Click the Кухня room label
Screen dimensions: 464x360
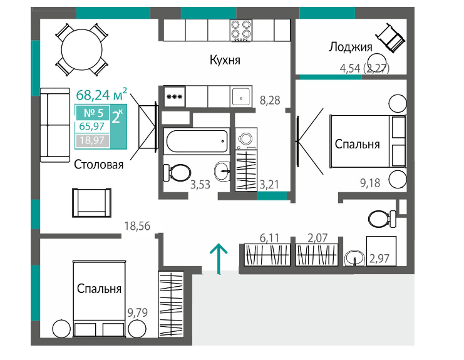tap(225, 60)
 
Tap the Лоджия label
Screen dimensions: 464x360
tap(351, 48)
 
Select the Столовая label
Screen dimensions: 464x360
tap(98, 165)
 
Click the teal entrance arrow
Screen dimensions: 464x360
tap(219, 259)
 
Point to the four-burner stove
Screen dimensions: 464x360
tap(241, 30)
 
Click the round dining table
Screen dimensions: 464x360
tap(81, 50)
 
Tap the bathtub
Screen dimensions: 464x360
tap(197, 141)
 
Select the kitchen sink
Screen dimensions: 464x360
tap(241, 96)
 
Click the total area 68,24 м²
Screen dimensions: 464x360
tap(102, 94)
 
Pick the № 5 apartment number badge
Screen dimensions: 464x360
tap(93, 113)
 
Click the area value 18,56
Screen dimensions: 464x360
tap(137, 226)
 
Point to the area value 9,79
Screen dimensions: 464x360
tap(137, 312)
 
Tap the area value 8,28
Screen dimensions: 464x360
tap(270, 100)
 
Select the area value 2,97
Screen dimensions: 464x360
tap(379, 259)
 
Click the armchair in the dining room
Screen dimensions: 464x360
tap(91, 203)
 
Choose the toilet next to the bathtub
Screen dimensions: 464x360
tap(177, 173)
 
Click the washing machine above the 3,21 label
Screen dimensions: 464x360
tap(246, 139)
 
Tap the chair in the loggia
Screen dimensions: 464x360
tap(391, 38)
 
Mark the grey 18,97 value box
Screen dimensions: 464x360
tap(93, 140)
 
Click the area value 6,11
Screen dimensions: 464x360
tap(270, 237)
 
